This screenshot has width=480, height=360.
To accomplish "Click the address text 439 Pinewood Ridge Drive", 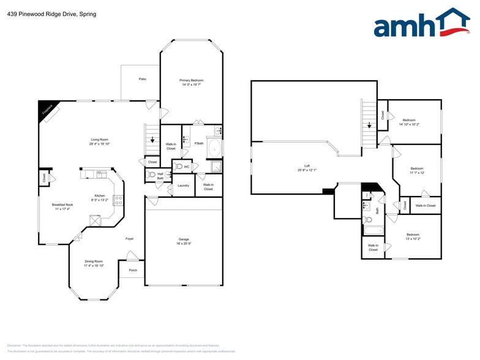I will pyautogui.click(x=39, y=13).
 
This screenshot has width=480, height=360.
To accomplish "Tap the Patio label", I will pyautogui.click(x=142, y=79).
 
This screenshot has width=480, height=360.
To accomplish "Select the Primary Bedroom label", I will pyautogui.click(x=191, y=83).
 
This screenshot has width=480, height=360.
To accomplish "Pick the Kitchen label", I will pyautogui.click(x=99, y=197).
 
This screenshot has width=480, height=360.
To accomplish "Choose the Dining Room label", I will pyautogui.click(x=94, y=263).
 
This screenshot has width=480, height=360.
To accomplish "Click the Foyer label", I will pyautogui.click(x=130, y=238).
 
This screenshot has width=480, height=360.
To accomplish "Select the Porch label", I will pyautogui.click(x=133, y=270).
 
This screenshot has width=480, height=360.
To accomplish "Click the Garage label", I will pyautogui.click(x=184, y=241).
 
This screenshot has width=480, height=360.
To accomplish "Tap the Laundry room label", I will pyautogui.click(x=183, y=185).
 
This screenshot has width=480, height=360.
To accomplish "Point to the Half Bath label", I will pyautogui.click(x=160, y=175).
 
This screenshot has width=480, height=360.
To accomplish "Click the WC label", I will pyautogui.click(x=186, y=167).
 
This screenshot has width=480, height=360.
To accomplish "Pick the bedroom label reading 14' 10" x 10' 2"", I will pyautogui.click(x=409, y=121).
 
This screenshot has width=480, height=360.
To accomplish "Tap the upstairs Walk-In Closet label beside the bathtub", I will pyautogui.click(x=373, y=247).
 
